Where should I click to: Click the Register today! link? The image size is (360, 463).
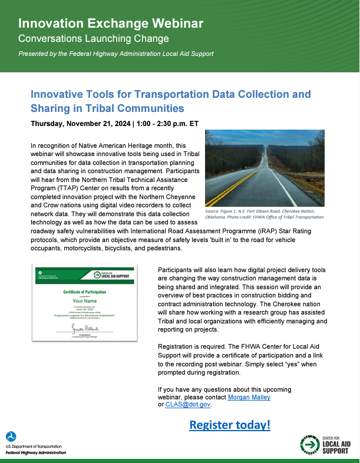point(229,425)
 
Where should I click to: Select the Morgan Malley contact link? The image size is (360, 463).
point(249,397)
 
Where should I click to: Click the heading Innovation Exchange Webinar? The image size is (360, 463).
point(111,24)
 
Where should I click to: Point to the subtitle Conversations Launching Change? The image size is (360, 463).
point(94,39)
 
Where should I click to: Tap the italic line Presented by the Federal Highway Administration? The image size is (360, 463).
point(115,54)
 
